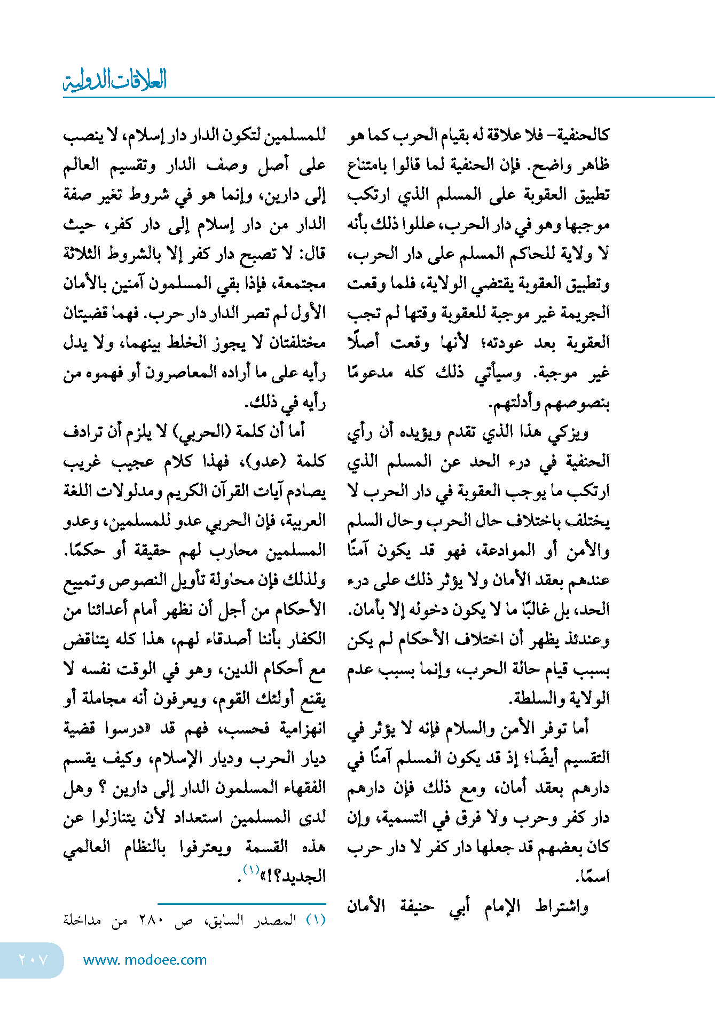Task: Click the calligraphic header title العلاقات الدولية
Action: [x=115, y=80]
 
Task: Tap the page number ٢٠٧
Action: [x=33, y=960]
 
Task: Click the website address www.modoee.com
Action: [x=145, y=960]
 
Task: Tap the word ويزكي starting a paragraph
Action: [x=568, y=432]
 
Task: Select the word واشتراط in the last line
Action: [x=562, y=906]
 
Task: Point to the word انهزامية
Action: [x=302, y=728]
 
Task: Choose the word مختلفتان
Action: [x=297, y=342]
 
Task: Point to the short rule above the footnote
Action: [x=241, y=904]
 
